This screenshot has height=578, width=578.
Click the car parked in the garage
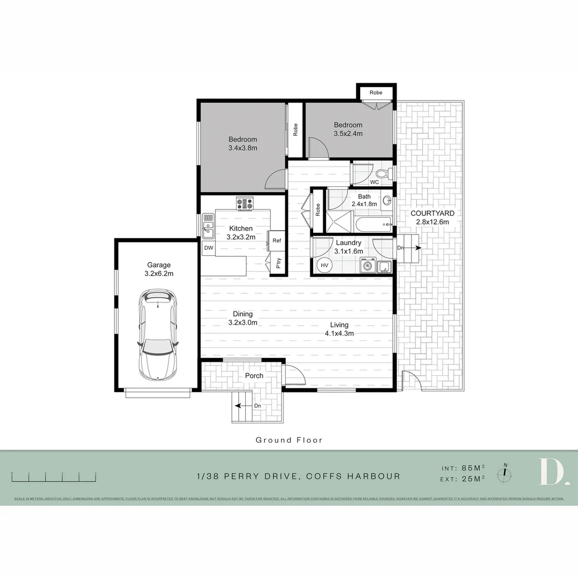[x=157, y=334]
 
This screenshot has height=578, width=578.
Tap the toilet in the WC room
[x=382, y=173]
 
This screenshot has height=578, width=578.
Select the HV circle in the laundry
[x=324, y=265]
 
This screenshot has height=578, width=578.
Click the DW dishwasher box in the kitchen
[x=208, y=248]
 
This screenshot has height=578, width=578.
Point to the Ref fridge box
[x=277, y=240]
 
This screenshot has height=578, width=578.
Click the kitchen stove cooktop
[x=246, y=203]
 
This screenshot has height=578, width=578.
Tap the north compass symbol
[x=505, y=473]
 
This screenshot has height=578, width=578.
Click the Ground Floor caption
[x=289, y=440]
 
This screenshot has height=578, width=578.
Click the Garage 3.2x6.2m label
[x=159, y=269]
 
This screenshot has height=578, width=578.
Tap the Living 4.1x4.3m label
[x=339, y=329]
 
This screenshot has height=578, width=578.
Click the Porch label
[x=254, y=376]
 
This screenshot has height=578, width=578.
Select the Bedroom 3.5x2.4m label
[x=349, y=129]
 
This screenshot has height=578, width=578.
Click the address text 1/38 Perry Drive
[x=298, y=476]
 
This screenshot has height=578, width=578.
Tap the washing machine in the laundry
[x=368, y=265]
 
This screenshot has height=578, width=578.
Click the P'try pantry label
[x=278, y=263]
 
